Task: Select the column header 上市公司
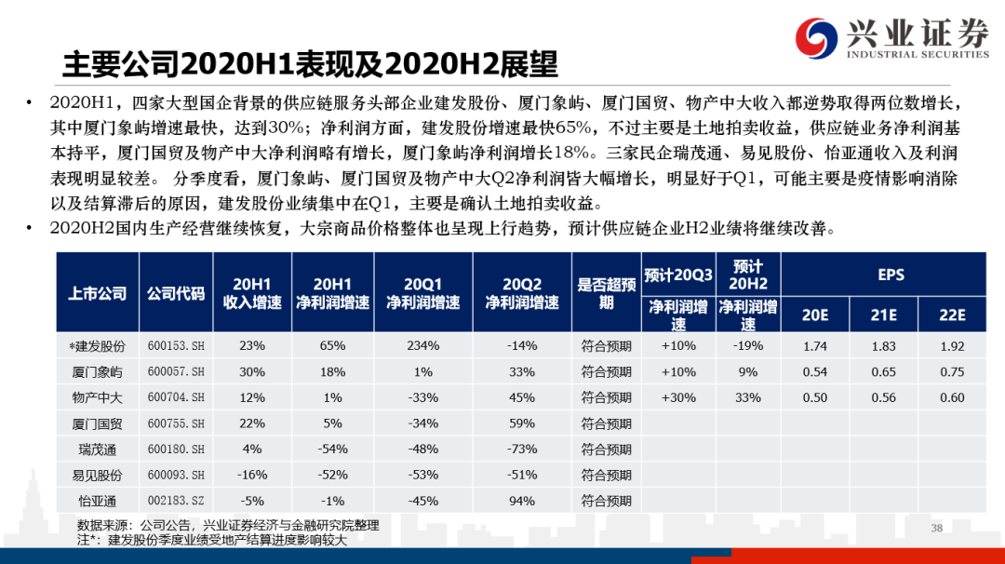97,293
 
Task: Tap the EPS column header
891,275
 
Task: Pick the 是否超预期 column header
607,293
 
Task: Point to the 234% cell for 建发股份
422,345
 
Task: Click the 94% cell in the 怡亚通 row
522,500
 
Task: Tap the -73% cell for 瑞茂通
522,449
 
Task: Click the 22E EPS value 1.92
951,345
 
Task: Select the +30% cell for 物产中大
678,397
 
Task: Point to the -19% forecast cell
748,345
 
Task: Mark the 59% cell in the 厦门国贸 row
522,423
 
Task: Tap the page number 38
937,529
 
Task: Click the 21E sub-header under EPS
883,316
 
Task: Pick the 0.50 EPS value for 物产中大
815,397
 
